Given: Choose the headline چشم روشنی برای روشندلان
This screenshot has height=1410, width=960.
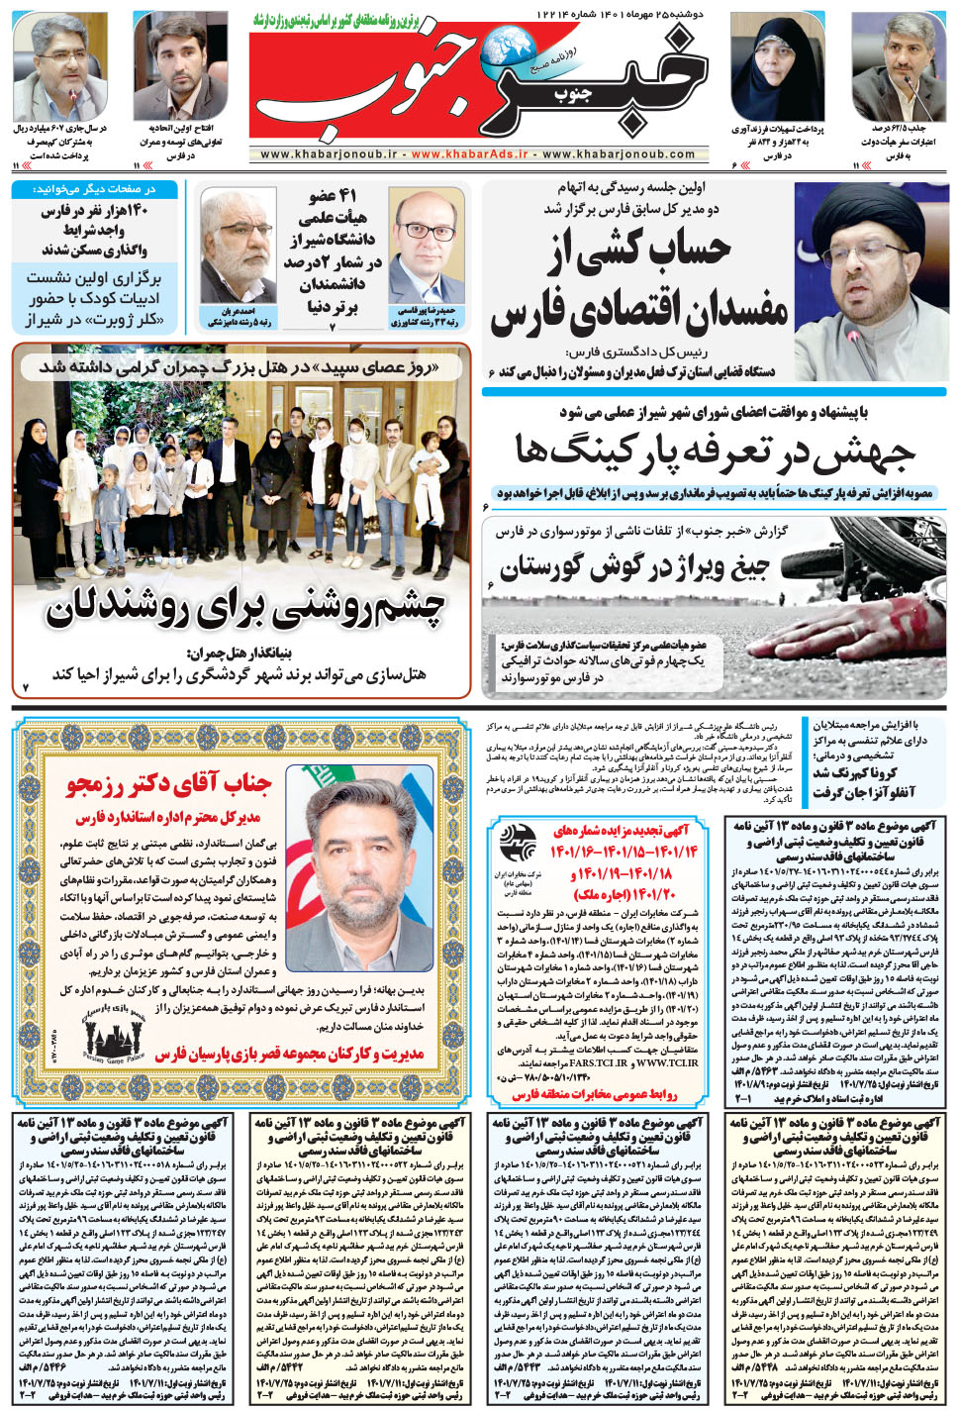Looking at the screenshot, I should (x=244, y=610).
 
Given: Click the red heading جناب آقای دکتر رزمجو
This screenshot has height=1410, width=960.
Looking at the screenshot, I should (x=168, y=785).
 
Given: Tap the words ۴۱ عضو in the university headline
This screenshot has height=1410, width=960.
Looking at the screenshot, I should (x=332, y=195).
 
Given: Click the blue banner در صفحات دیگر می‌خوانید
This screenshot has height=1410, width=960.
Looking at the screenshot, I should (x=94, y=188).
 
